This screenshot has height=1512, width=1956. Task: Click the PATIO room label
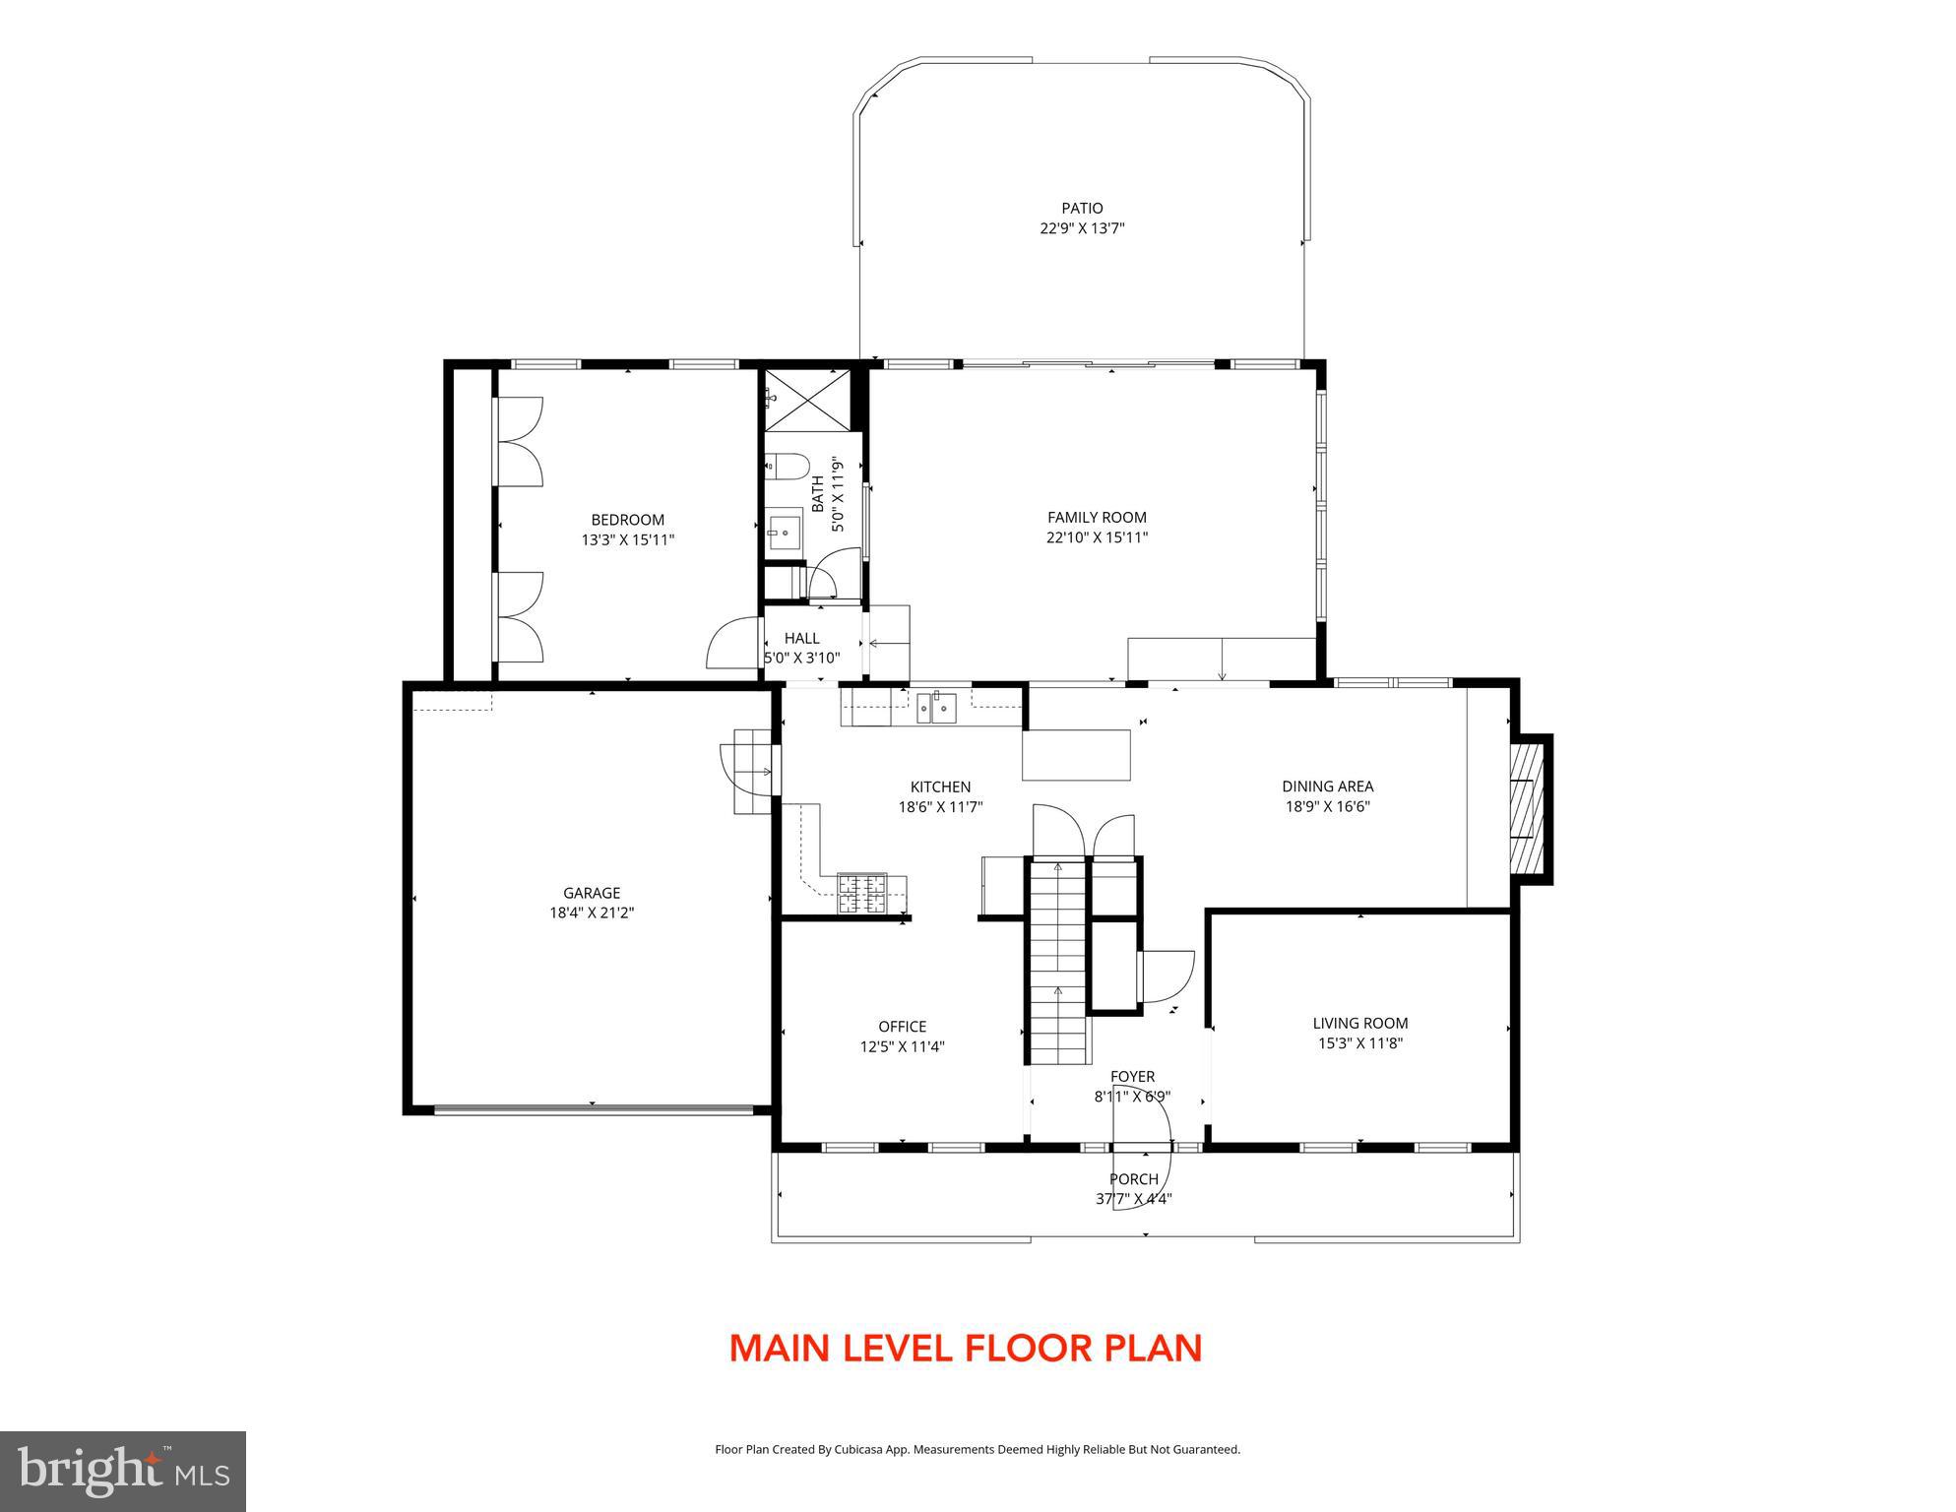pyautogui.click(x=1082, y=208)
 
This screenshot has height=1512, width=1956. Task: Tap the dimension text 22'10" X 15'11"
pyautogui.click(x=1097, y=537)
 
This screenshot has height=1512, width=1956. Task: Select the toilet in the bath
pyautogui.click(x=787, y=465)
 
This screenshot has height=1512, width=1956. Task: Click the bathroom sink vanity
pyautogui.click(x=785, y=533)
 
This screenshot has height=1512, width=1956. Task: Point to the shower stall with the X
pyautogui.click(x=807, y=399)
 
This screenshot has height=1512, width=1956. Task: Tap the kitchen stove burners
pyautogui.click(x=861, y=892)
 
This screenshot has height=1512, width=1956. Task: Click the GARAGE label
pyautogui.click(x=592, y=893)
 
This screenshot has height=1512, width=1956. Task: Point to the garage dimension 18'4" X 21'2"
pyautogui.click(x=592, y=913)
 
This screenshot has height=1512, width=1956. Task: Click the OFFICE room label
pyautogui.click(x=902, y=1027)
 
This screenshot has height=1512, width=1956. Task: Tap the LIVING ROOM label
pyautogui.click(x=1359, y=1023)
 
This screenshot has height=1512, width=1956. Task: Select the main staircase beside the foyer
pyautogui.click(x=1058, y=965)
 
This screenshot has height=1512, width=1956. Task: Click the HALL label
pyautogui.click(x=801, y=638)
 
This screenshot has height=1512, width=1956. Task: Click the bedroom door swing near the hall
pyautogui.click(x=733, y=645)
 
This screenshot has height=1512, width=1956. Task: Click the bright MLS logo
pyautogui.click(x=122, y=1471)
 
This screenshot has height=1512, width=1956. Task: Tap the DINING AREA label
pyautogui.click(x=1327, y=786)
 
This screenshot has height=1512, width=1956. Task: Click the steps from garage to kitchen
pyautogui.click(x=753, y=773)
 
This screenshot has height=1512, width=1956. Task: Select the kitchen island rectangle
pyautogui.click(x=1077, y=755)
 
